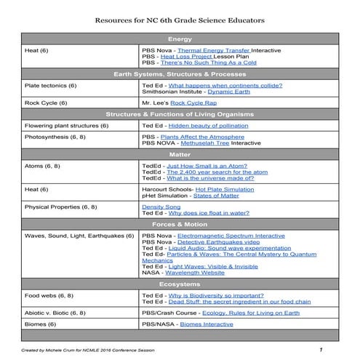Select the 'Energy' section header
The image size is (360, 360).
[x=180, y=38]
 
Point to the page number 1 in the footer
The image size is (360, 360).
[x=320, y=350]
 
